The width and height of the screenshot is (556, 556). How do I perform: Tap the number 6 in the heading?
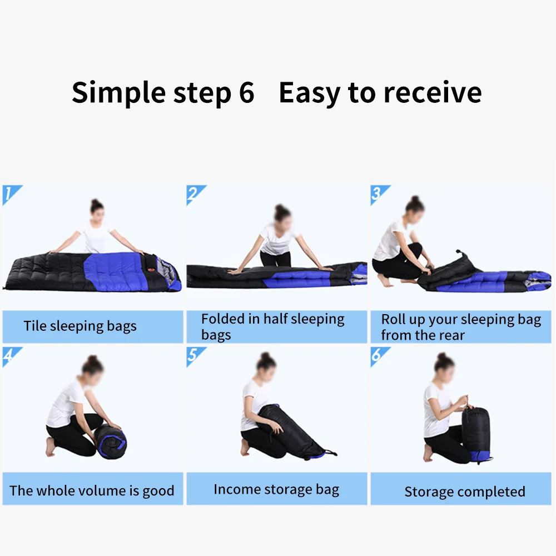pyautogui.click(x=246, y=93)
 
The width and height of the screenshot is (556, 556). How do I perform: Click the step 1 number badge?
pyautogui.click(x=9, y=194)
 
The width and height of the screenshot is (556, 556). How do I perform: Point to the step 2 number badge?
pyautogui.click(x=194, y=194)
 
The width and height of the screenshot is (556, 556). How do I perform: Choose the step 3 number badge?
pyautogui.click(x=378, y=194)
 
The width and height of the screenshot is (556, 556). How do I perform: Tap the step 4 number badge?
pyautogui.click(x=9, y=356)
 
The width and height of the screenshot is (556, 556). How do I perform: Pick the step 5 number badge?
pyautogui.click(x=194, y=356)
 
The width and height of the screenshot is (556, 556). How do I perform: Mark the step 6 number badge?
pyautogui.click(x=378, y=356)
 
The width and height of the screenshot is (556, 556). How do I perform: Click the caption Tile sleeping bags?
pyautogui.click(x=80, y=326)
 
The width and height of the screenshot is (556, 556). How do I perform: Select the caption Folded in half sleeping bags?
pyautogui.click(x=272, y=327)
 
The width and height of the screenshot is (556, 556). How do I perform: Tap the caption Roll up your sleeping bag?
pyautogui.click(x=460, y=327)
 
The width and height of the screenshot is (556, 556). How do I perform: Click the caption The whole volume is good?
pyautogui.click(x=92, y=491)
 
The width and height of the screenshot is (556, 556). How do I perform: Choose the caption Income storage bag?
pyautogui.click(x=276, y=490)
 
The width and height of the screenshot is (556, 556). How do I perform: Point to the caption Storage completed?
pyautogui.click(x=464, y=492)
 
